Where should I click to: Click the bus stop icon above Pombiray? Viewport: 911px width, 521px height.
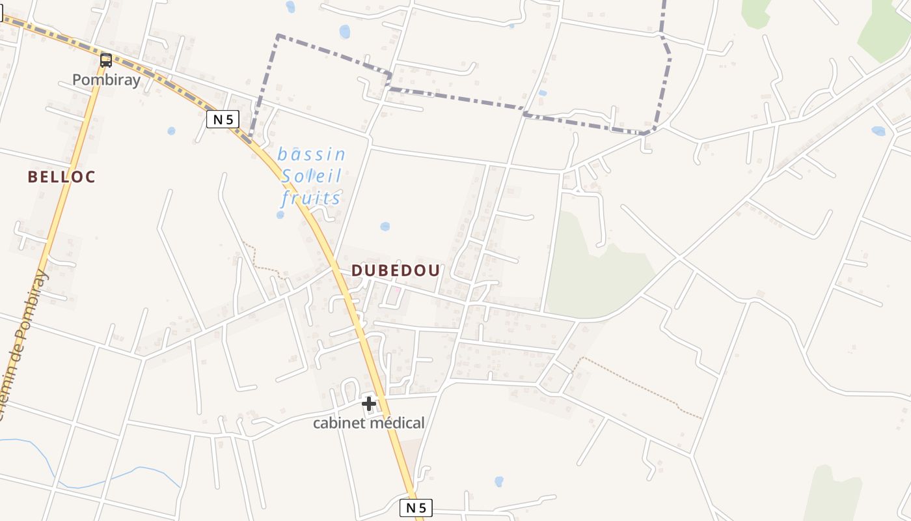106,61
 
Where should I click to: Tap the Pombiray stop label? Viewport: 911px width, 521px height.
106,80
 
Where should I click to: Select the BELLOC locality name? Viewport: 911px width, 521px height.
62,176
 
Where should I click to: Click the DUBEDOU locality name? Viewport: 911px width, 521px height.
396,270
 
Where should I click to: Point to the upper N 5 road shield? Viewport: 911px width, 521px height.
223,119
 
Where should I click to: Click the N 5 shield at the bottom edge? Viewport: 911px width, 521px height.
415,507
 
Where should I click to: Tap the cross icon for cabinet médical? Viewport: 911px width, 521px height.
369,404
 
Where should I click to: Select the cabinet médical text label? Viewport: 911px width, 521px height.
368,423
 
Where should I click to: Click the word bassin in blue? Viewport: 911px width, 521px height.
311,154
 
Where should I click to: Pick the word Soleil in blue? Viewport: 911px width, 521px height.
311,176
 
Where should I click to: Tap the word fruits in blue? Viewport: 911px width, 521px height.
311,198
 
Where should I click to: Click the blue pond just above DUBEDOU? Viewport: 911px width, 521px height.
385,227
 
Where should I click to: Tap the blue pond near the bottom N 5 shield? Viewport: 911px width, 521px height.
498,481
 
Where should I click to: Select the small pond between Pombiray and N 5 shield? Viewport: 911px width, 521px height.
171,131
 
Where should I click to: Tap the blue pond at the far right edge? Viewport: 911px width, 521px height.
878,131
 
